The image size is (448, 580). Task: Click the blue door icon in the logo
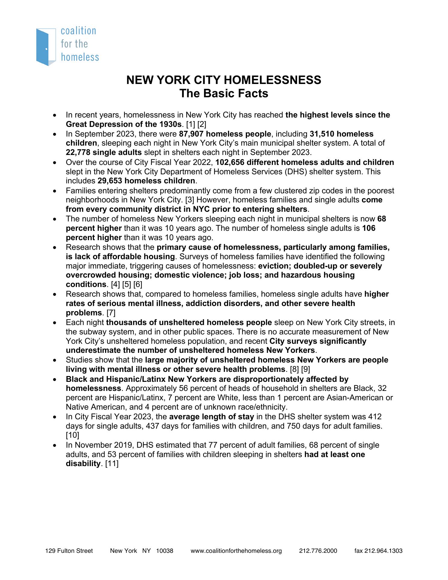[45, 47]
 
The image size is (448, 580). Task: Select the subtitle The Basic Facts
[224, 93]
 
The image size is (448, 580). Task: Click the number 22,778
[78, 153]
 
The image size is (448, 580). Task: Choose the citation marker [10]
[72, 435]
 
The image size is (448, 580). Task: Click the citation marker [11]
[112, 463]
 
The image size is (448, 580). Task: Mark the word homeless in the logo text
[80, 57]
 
